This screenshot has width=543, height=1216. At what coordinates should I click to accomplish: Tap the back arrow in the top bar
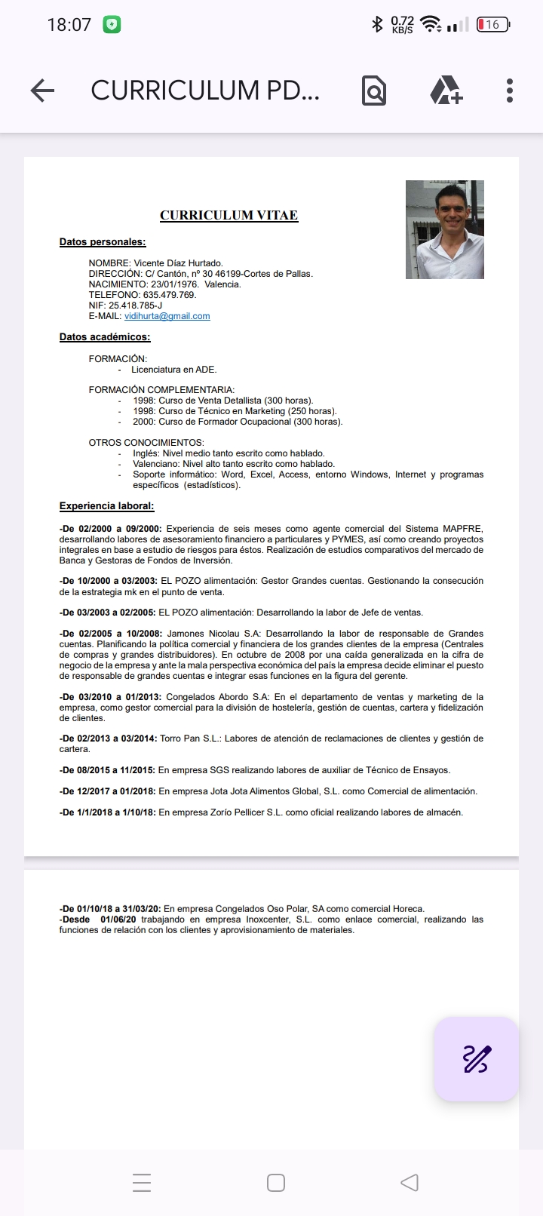point(43,91)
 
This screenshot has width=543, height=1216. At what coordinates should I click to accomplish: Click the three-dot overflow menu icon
point(510,91)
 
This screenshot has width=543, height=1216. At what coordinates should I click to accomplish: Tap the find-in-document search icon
point(373,91)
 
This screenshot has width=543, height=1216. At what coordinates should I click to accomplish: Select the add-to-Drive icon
point(446,91)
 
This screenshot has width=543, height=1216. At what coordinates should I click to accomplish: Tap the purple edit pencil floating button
point(476,1059)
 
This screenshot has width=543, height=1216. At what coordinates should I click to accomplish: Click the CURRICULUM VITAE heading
point(229,216)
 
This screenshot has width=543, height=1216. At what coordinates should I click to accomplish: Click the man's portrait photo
point(444,229)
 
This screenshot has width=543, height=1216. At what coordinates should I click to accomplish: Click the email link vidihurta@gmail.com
point(167,316)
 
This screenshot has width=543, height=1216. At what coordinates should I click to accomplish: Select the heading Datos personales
point(103,242)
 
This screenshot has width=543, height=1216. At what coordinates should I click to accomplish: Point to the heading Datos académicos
point(105,337)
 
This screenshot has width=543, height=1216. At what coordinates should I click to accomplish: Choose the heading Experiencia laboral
point(106,506)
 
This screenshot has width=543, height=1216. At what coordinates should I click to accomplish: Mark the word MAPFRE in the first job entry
point(462,529)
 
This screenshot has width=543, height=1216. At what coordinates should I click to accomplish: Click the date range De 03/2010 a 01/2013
point(110,697)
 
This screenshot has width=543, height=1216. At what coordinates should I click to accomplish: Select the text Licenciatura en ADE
point(173,370)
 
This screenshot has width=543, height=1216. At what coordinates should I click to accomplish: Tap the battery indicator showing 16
point(493,25)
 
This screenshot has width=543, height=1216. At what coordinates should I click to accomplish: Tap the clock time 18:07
point(69,25)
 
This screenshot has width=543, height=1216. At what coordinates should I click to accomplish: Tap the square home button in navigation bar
point(276,1182)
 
